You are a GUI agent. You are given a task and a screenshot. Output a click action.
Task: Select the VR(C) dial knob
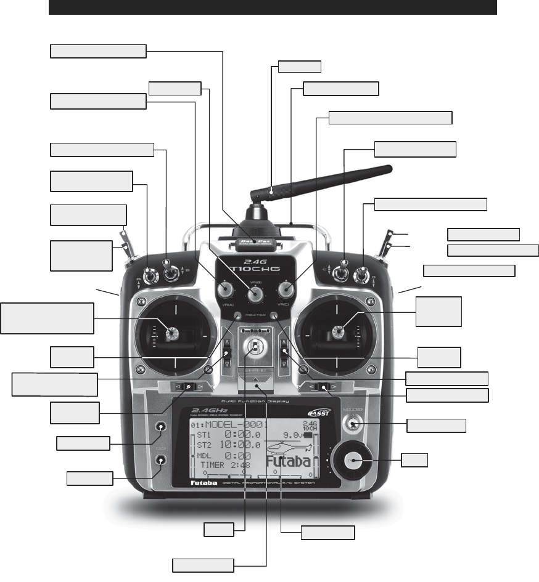[x=286, y=288]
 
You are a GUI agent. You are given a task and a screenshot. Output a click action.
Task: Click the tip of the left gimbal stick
[x=171, y=333]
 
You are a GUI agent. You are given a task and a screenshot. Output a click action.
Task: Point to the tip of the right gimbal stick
[x=338, y=333]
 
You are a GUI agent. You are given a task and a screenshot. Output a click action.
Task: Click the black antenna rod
[x=327, y=179]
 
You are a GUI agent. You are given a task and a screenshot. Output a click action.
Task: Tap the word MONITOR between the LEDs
[x=255, y=315]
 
